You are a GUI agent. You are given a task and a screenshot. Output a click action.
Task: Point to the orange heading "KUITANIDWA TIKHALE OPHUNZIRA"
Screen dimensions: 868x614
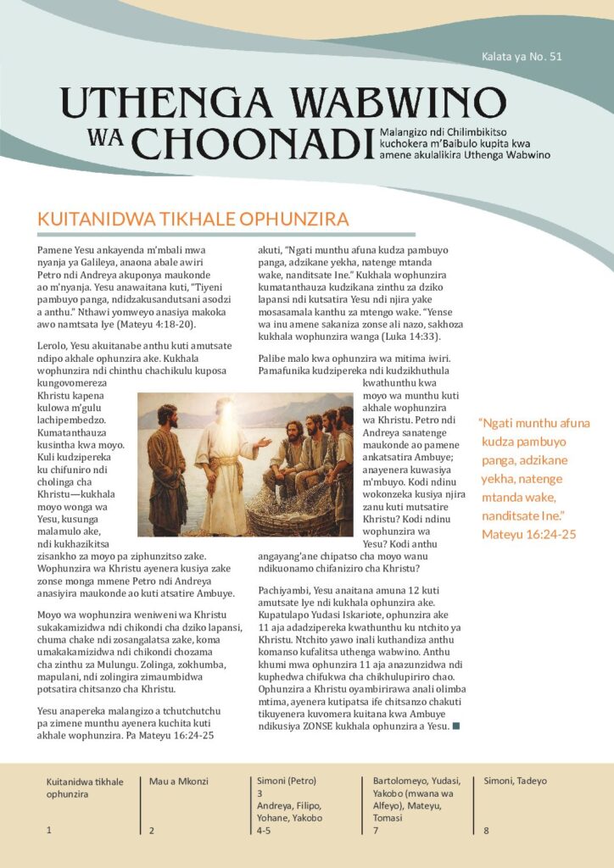pos(193,219)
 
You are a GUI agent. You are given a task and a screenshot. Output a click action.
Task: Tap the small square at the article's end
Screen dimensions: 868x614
pos(457,725)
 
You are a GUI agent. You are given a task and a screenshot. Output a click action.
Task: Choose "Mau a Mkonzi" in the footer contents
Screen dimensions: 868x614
pos(179,781)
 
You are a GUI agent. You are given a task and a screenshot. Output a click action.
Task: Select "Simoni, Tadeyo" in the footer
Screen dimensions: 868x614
pos(515,781)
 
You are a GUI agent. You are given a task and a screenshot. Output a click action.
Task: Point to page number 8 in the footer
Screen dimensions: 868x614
pos(486,831)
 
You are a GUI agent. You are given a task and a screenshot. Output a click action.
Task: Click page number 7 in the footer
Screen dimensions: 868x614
pos(375,831)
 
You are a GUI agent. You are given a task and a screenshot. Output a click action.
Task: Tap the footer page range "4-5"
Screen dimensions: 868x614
pos(264,831)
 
